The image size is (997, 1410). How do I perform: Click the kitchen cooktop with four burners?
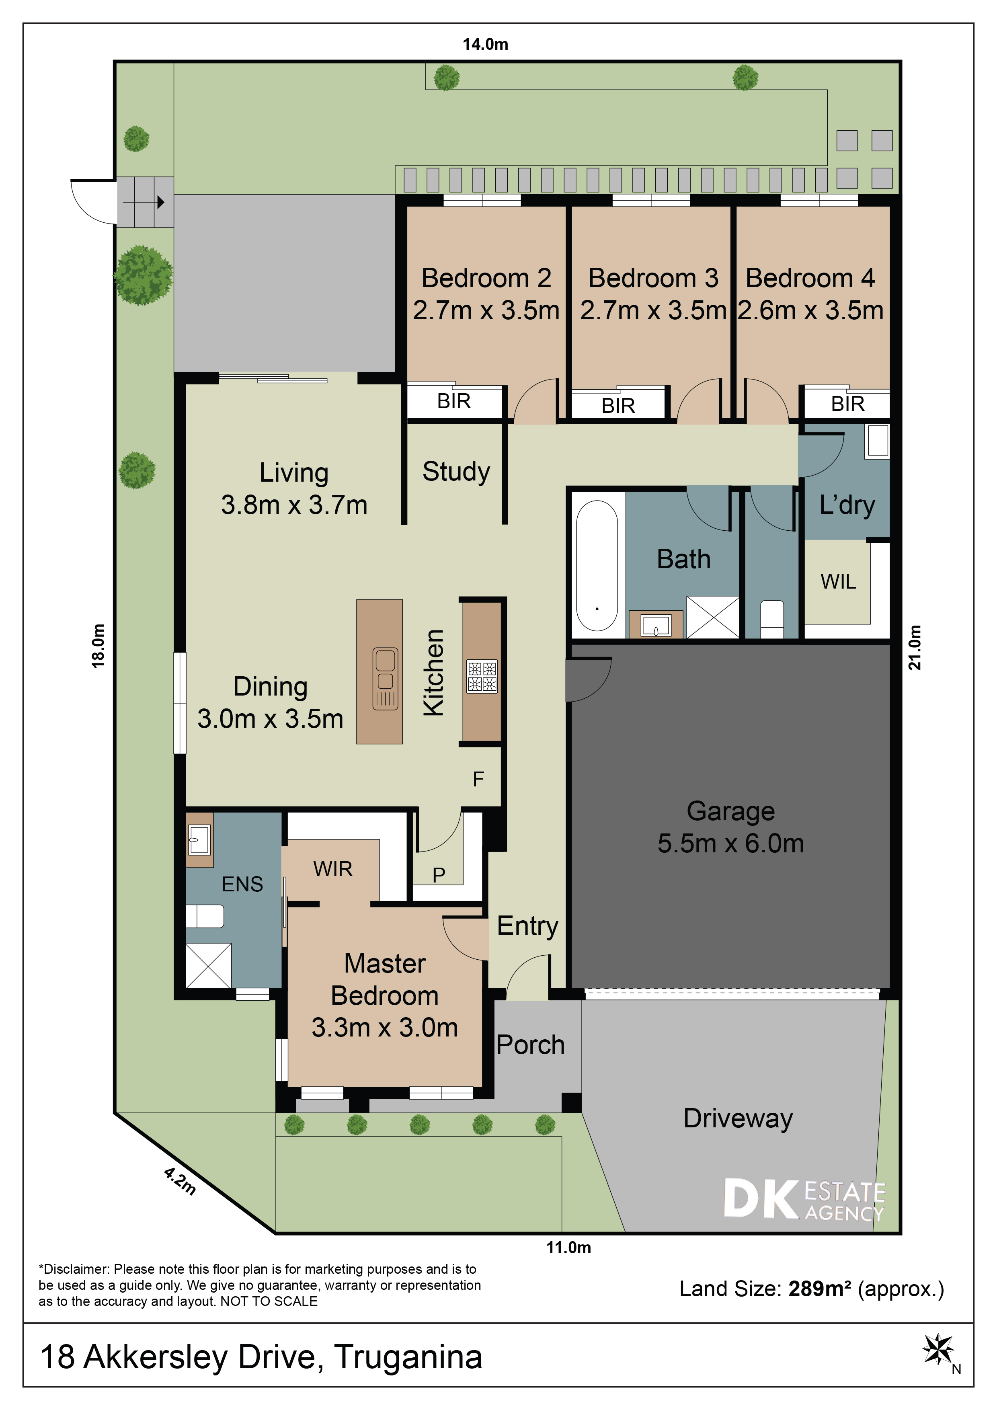tap(482, 677)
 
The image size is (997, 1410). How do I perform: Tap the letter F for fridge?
tap(478, 779)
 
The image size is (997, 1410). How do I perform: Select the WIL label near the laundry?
tap(838, 581)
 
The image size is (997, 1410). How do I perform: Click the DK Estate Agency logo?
tap(804, 1199)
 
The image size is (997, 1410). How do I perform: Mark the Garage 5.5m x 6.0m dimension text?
tap(730, 843)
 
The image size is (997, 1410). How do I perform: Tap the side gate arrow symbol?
tap(161, 201)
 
